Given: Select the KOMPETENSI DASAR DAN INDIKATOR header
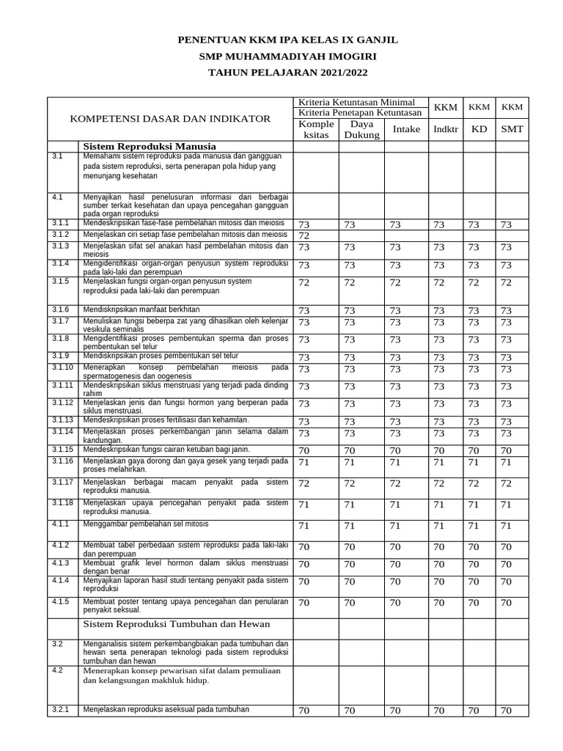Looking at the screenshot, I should tap(170, 119).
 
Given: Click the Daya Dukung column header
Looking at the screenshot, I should tap(362, 129).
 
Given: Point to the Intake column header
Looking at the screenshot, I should tap(406, 130).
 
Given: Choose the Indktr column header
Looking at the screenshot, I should tap(445, 130).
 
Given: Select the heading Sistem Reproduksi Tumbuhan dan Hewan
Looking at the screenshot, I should tap(177, 624).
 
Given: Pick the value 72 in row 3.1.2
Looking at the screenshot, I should tap(303, 235).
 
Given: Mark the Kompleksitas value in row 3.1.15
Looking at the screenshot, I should tap(303, 450).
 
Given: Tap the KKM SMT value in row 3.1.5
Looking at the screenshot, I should tap(506, 282).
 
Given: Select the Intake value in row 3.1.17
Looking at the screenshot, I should tap(395, 484).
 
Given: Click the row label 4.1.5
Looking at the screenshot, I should tap(60, 601).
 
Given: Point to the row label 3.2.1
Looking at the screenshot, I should tap(60, 709).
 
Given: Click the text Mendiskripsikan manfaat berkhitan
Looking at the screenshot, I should tap(141, 309).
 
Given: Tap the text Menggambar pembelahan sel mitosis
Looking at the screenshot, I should tap(146, 524).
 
